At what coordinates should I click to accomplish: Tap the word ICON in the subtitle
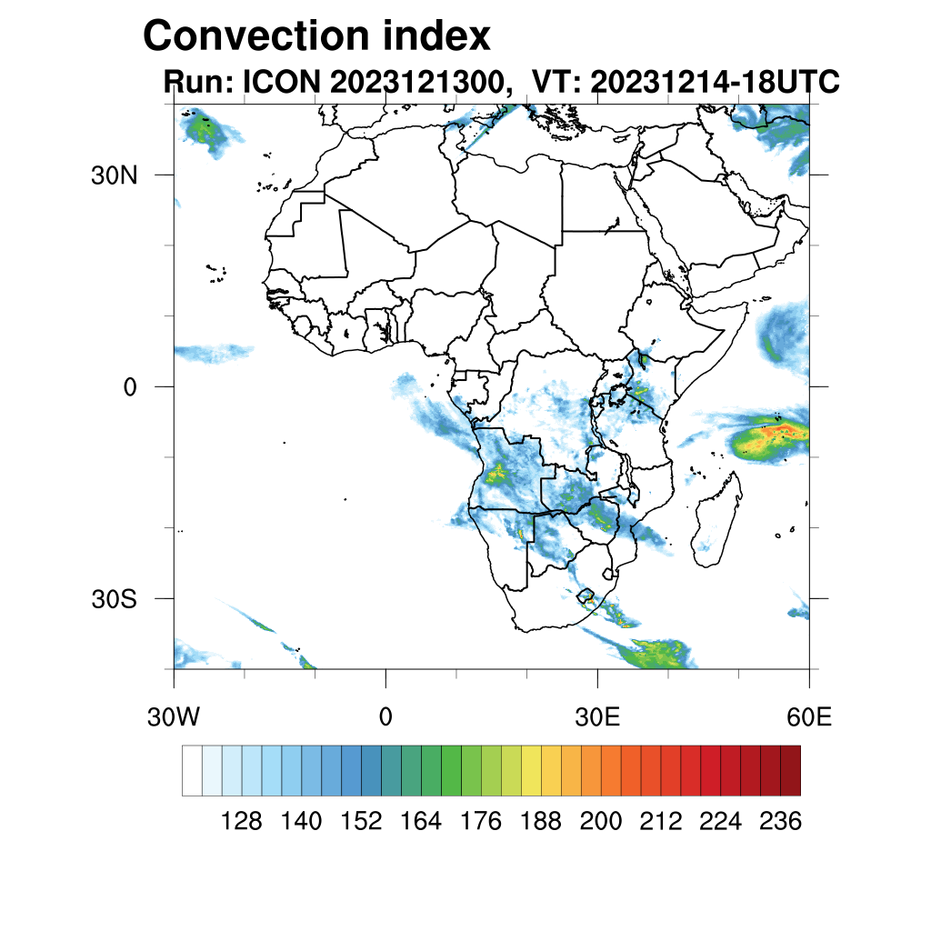click(x=279, y=82)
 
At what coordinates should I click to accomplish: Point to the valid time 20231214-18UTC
click(x=714, y=82)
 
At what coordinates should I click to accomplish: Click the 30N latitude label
click(x=114, y=175)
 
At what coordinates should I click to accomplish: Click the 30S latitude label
click(x=114, y=599)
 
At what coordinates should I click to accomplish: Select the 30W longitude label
click(x=173, y=717)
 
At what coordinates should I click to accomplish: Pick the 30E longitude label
click(x=597, y=717)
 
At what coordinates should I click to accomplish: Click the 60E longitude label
click(x=809, y=717)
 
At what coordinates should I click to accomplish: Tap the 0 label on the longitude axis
click(x=385, y=717)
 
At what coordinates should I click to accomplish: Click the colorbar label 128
click(x=242, y=821)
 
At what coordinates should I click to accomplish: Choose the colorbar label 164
click(x=421, y=821)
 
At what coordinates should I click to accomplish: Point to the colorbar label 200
click(x=601, y=821)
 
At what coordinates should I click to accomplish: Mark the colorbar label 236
click(x=780, y=821)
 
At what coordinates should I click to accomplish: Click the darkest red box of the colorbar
click(x=790, y=770)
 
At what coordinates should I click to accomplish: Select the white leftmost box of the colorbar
click(x=192, y=770)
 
